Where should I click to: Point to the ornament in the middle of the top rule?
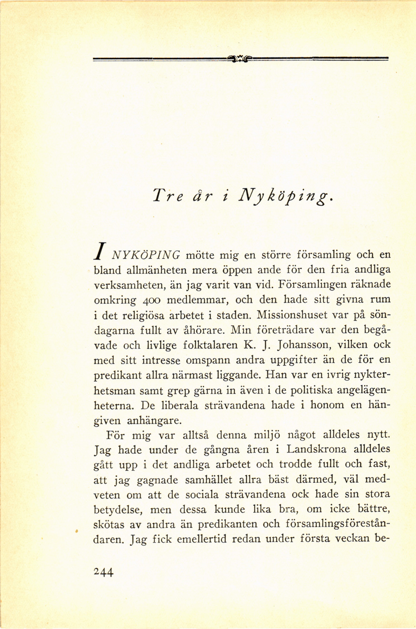pos(241,59)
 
